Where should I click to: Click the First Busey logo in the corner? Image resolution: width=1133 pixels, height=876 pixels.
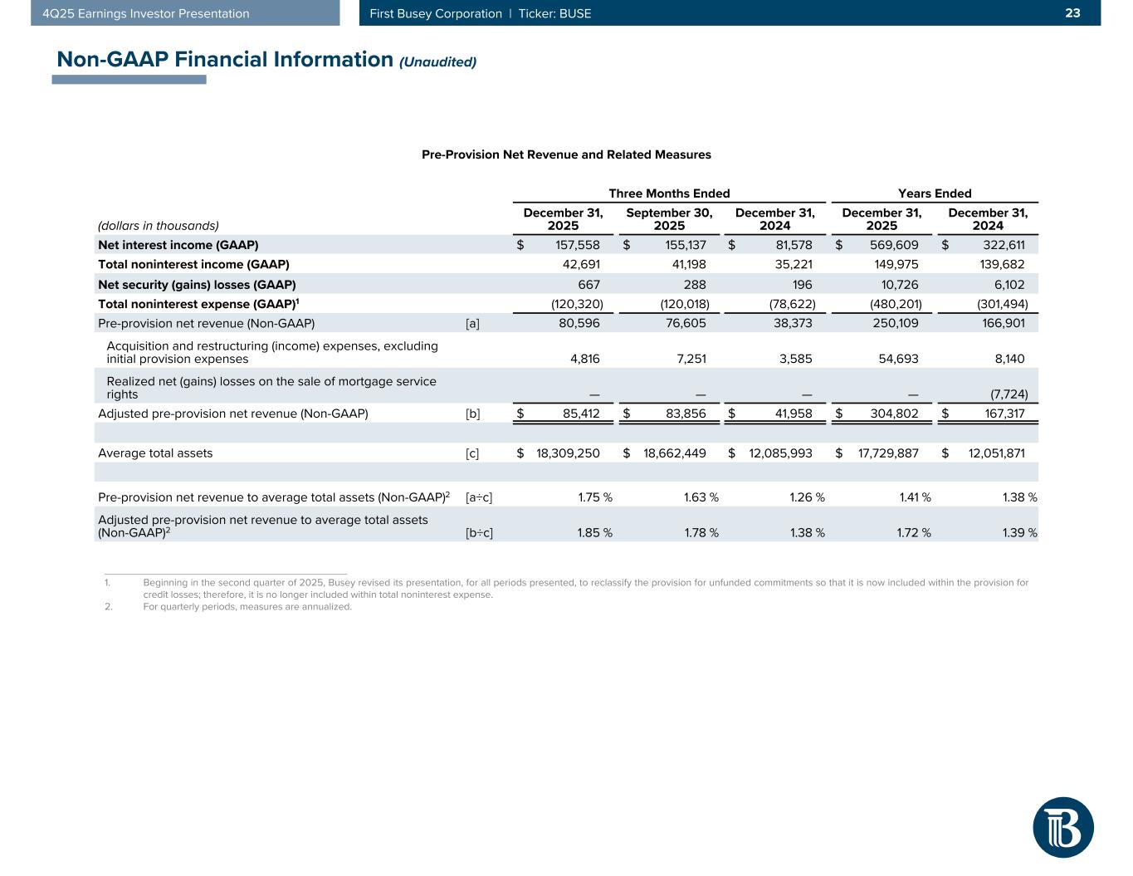(x=1063, y=827)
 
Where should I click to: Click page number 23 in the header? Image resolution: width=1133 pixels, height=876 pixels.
(x=1073, y=13)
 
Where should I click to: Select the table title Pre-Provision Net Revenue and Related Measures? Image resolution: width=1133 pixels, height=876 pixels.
(x=566, y=154)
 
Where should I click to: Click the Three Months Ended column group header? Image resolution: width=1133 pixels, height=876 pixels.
(x=669, y=193)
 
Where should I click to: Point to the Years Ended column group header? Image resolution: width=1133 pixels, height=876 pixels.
(x=935, y=193)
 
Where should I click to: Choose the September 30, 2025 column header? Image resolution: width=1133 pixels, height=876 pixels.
(x=669, y=219)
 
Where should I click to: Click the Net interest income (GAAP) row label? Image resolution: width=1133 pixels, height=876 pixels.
(x=178, y=245)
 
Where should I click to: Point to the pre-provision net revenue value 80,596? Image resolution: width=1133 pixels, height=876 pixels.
(x=577, y=323)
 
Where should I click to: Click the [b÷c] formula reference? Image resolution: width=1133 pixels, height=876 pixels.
(x=479, y=532)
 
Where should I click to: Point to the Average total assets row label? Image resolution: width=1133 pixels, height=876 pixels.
(x=155, y=453)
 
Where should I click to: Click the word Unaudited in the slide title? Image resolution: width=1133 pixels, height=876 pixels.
(x=438, y=62)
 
